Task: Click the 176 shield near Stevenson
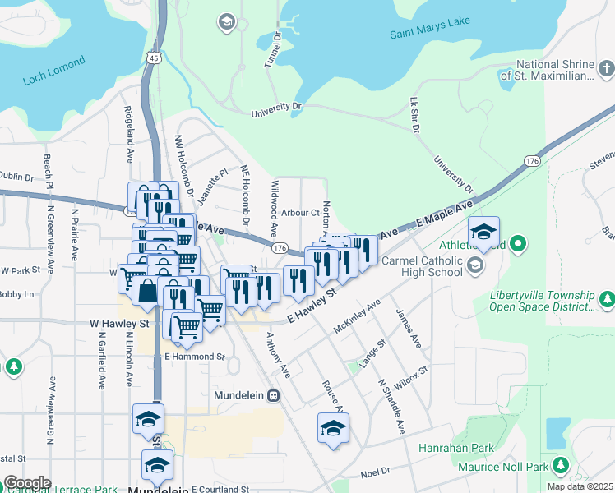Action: pos(533,161)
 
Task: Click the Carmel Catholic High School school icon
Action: pos(475,265)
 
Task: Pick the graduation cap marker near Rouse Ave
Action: pos(333,428)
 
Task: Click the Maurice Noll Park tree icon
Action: pos(562,465)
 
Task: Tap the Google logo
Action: pos(26,482)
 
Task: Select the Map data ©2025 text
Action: pos(579,486)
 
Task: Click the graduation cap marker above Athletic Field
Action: pos(483,232)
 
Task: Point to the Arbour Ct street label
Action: pos(299,213)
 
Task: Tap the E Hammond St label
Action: pos(194,357)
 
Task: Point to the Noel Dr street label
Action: pos(374,472)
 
